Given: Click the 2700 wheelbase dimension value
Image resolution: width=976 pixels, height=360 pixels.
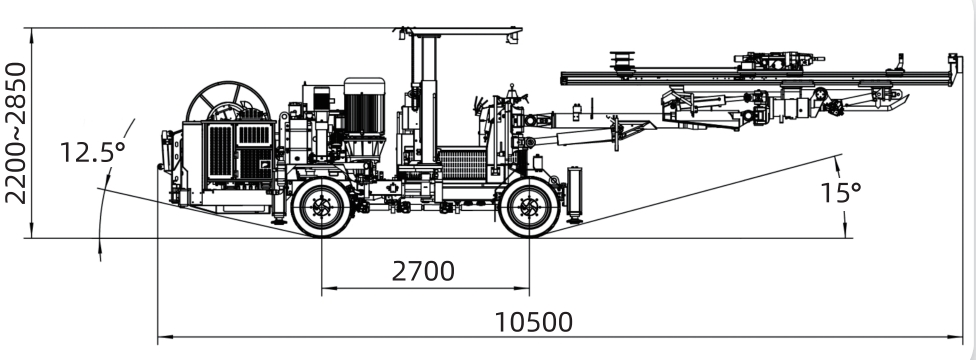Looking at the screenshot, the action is point(423,271).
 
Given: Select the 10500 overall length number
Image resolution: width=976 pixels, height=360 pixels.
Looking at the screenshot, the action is point(533,323).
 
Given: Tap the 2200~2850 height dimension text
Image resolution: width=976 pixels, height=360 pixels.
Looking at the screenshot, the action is point(16,133).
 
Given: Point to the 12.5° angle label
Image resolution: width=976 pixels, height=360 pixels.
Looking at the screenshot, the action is point(92,152).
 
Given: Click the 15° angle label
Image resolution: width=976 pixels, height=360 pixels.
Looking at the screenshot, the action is point(841,192).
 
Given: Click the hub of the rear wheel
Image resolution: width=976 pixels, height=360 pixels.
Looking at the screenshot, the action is point(322,207).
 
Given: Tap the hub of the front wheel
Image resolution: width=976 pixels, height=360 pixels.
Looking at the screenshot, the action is point(529,207).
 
